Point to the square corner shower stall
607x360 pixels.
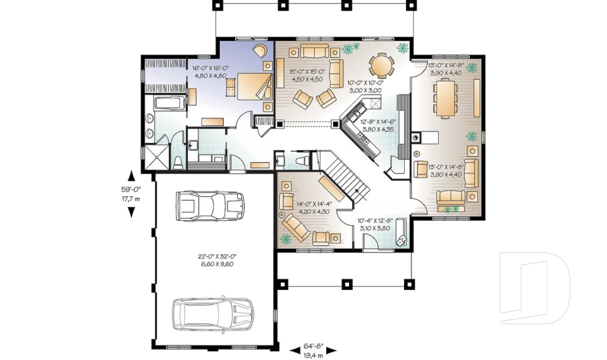[156, 157]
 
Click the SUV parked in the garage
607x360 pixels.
[214, 312]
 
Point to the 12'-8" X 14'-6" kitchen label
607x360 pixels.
[377, 125]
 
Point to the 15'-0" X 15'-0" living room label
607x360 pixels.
[307, 75]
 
